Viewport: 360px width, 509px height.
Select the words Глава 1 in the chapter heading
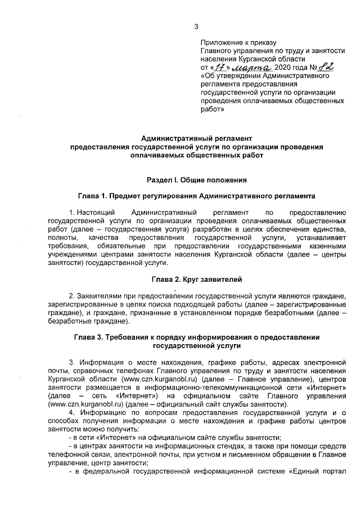pyautogui.click(x=92, y=197)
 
